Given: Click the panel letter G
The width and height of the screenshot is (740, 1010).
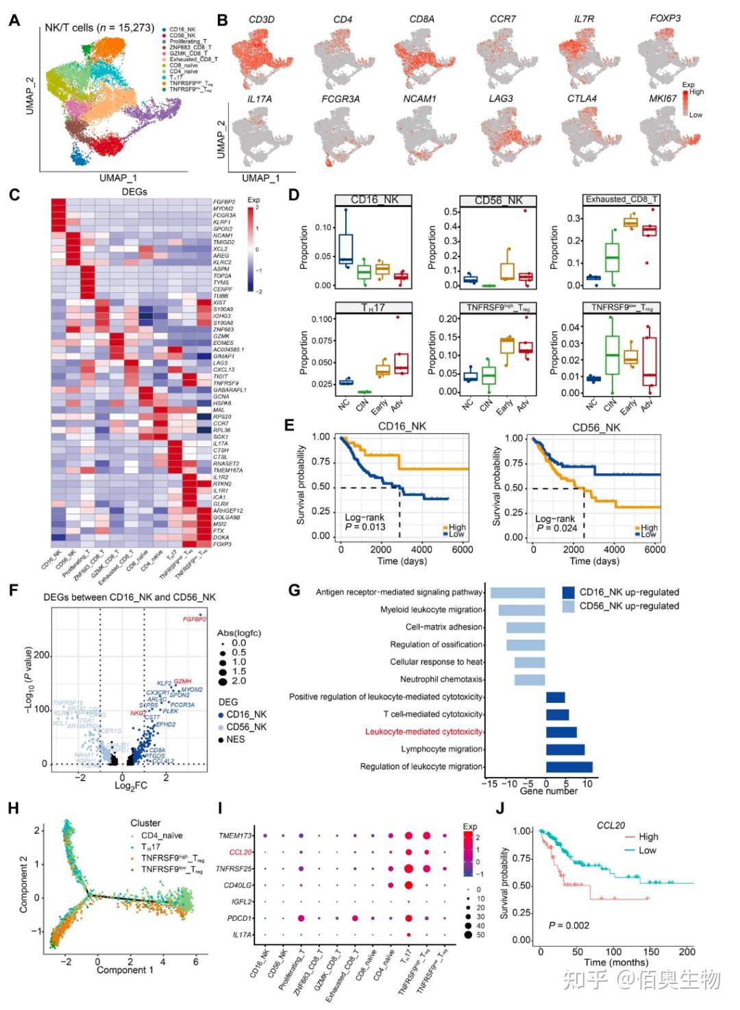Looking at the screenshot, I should tap(295, 590).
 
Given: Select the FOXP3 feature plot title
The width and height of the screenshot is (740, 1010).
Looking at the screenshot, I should tap(665, 19).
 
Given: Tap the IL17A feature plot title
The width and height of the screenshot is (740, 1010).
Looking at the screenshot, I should tap(259, 99).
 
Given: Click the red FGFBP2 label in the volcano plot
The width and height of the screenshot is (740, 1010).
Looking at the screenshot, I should tap(194, 620).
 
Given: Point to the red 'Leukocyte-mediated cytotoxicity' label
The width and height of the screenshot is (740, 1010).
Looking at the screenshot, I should tap(423, 732).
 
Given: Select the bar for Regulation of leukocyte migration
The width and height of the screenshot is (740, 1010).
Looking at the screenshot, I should tap(569, 767).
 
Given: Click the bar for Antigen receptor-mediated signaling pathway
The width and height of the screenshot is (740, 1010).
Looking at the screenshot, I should tap(517, 592).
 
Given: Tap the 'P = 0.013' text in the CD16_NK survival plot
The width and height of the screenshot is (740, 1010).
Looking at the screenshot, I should tap(365, 527).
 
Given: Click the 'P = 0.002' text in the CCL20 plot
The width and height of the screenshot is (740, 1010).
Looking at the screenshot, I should tap(569, 926).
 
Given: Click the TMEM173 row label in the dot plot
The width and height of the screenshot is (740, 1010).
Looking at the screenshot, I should tap(235, 836).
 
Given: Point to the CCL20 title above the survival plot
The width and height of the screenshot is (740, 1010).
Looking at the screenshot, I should tap(610, 826).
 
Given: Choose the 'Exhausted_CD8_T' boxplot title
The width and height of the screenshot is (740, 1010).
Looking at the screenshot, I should tap(621, 200).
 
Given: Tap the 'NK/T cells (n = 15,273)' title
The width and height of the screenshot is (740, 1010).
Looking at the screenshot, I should tap(99, 28).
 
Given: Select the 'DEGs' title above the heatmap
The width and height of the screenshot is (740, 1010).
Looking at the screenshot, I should tap(134, 192).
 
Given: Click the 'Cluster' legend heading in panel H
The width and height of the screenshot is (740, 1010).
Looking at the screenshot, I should tap(145, 823).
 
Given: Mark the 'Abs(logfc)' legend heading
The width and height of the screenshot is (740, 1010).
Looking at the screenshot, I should tap(239, 632).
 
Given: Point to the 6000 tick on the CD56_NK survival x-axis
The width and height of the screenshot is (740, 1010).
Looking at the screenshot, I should tap(654, 550).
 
